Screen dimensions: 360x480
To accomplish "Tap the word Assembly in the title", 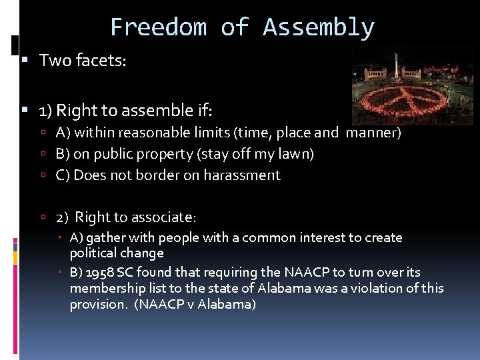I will (x=319, y=27).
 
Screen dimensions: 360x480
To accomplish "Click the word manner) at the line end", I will (x=373, y=133).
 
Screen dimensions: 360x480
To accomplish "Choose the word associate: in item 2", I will (x=165, y=217).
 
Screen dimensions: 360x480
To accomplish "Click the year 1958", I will (x=100, y=273).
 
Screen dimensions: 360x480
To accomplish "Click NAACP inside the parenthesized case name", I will (x=154, y=304).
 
